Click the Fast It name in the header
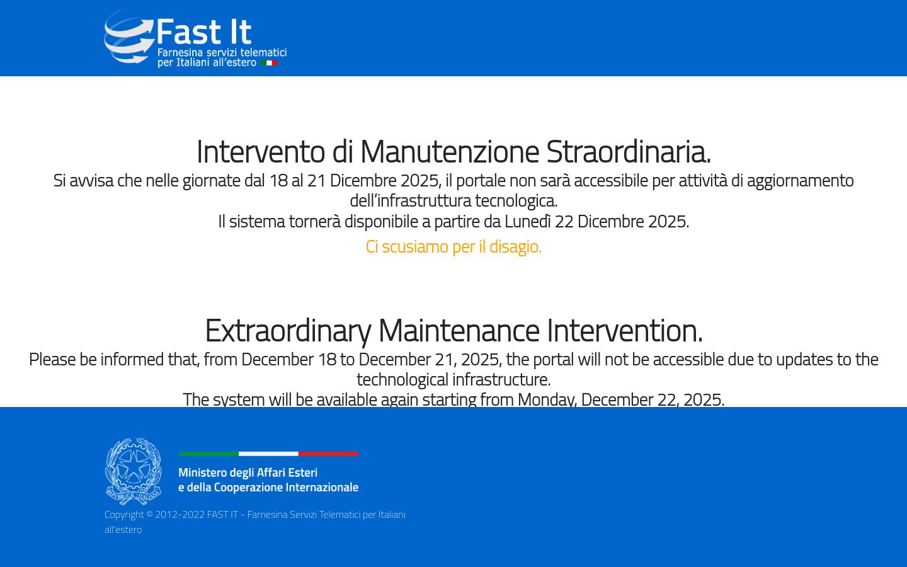203,31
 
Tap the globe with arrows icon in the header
129,37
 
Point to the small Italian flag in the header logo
269,63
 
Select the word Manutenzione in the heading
450,152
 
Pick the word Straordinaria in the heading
628,152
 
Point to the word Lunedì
527,222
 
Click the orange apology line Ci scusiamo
453,246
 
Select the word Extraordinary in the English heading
288,331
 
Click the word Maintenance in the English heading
459,331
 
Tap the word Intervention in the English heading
624,331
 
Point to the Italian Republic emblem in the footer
134,472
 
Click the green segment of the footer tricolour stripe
208,454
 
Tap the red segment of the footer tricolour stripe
328,454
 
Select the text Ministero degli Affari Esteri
248,472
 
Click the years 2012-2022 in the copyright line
180,515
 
